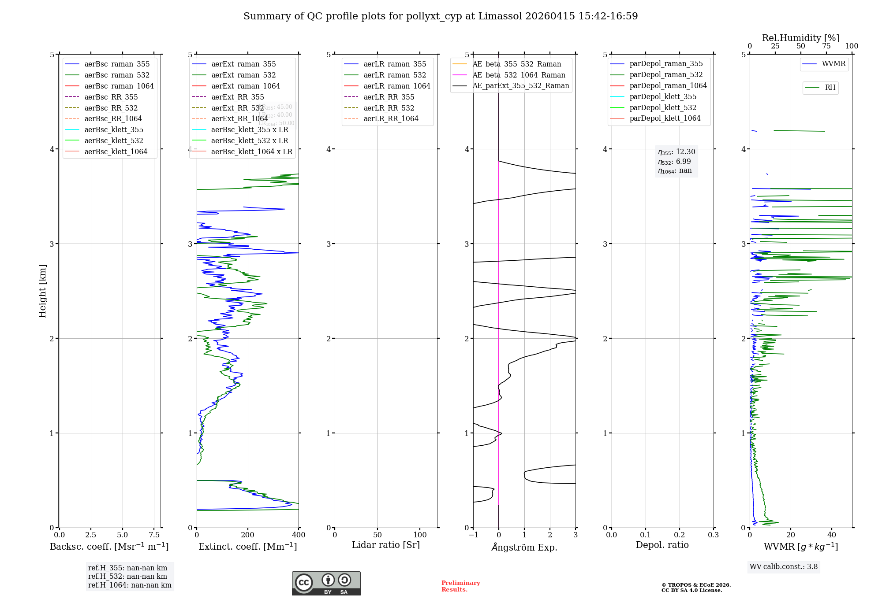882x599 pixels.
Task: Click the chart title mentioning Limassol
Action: coord(441,16)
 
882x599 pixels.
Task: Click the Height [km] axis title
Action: coord(42,291)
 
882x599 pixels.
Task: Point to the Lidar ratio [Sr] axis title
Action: coord(386,545)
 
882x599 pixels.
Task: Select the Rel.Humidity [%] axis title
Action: coord(800,38)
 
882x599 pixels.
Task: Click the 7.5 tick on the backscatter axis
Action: coord(154,535)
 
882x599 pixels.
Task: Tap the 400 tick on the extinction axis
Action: coord(299,535)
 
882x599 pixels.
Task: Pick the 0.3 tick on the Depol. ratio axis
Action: coord(713,535)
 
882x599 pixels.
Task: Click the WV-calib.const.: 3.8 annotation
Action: coord(784,567)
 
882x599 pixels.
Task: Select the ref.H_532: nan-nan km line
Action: coord(127,577)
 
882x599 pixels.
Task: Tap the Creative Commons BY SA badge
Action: coord(326,584)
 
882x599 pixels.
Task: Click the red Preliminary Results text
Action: coord(460,586)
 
